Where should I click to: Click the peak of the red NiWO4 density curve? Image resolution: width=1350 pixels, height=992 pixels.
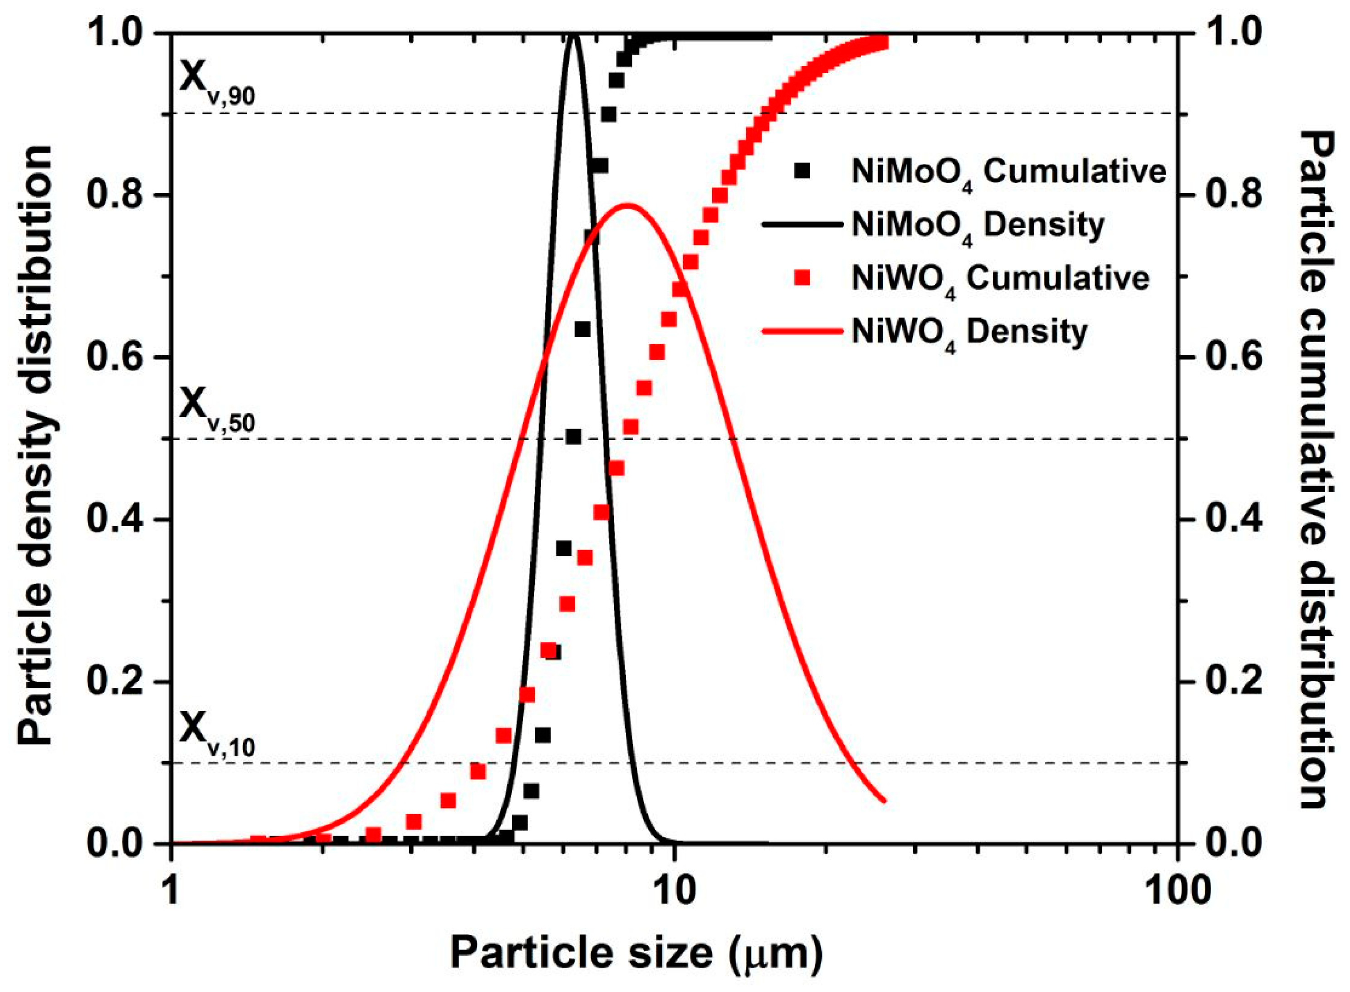tap(627, 205)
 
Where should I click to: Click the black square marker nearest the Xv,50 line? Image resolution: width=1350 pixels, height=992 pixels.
tap(573, 436)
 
